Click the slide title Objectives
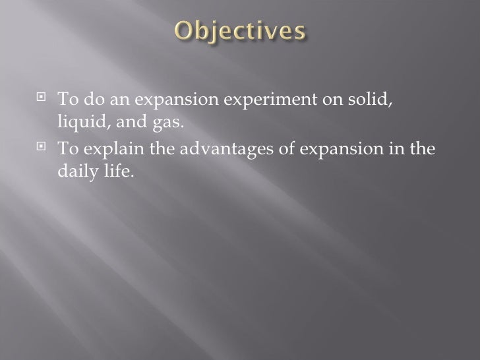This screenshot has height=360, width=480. [x=239, y=31]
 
